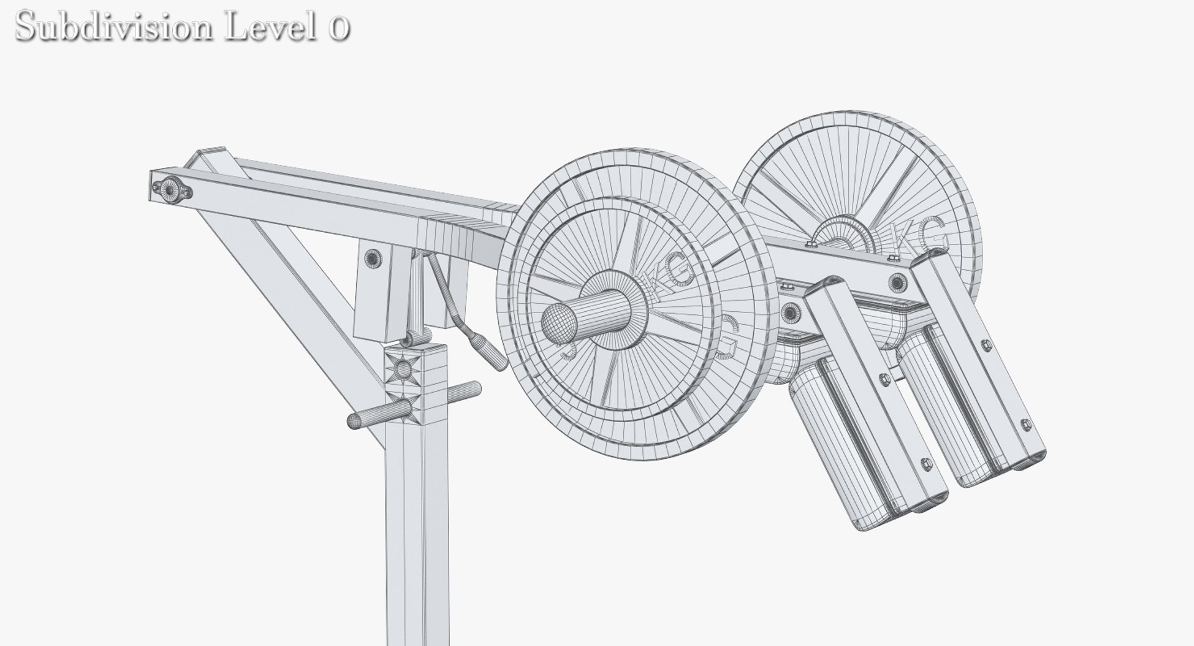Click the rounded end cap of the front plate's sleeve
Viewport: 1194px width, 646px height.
click(x=558, y=324)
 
